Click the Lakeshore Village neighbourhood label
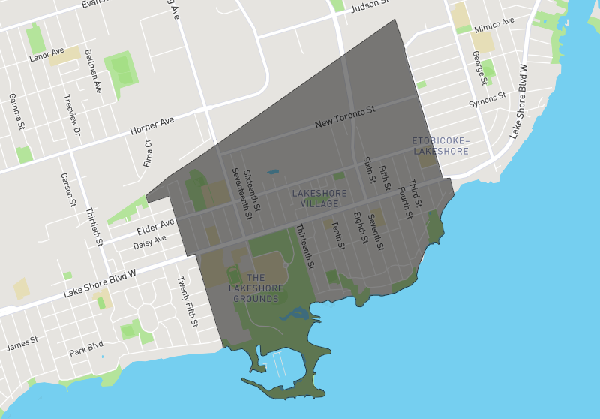[x=319, y=199]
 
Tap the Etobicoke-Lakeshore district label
[x=440, y=146]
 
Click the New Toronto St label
[x=344, y=117]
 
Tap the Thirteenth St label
[x=306, y=246]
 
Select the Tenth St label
[x=337, y=236]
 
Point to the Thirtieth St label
[x=94, y=227]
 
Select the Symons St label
[x=487, y=100]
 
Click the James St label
[x=22, y=345]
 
